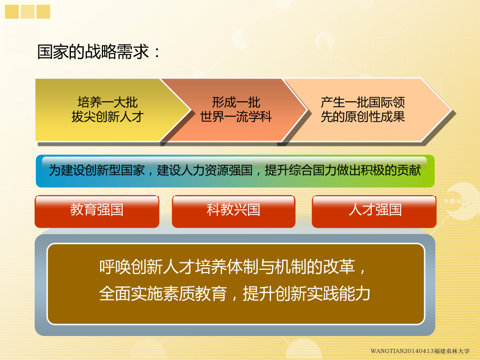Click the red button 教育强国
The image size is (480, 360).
tap(97, 211)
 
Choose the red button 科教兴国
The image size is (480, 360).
tap(234, 211)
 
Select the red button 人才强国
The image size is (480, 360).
tap(374, 211)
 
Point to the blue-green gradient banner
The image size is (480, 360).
tap(235, 171)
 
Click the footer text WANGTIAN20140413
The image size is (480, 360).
tap(402, 351)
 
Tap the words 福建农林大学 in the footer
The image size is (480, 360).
tap(452, 351)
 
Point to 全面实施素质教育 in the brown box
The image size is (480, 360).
tap(163, 293)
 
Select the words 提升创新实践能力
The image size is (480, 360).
tap(307, 293)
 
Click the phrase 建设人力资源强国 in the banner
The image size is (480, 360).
tap(205, 170)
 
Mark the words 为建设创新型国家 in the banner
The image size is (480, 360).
tap(97, 170)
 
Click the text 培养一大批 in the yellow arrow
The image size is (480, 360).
tap(107, 102)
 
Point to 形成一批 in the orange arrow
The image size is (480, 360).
tap(236, 102)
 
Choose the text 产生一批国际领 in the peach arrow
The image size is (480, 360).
tap(363, 102)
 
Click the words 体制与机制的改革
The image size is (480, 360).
tap(291, 267)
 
